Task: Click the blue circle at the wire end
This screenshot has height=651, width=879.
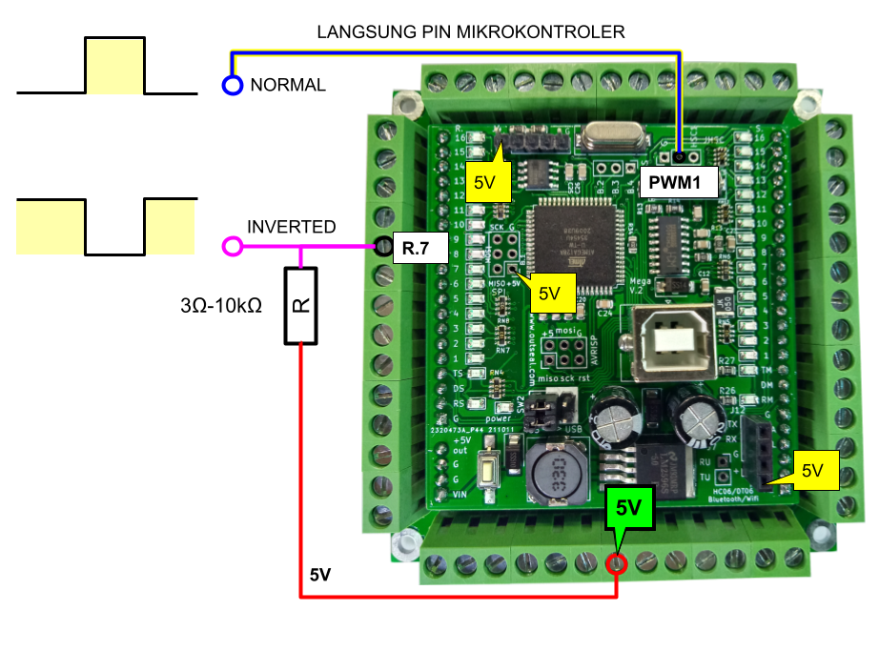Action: point(233,86)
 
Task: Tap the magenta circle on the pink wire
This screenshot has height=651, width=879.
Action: point(233,247)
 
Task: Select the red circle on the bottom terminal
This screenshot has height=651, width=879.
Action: point(617,564)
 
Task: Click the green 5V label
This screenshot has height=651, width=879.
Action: point(629,508)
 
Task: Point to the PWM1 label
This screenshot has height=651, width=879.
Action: point(678,181)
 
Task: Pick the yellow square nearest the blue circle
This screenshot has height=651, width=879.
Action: point(114,67)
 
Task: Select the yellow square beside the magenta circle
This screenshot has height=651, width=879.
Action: point(170,227)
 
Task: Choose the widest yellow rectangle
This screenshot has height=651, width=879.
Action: point(50,228)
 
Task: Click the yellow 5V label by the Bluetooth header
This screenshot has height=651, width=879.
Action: point(811,471)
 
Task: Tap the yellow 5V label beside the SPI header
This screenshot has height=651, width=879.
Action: point(549,294)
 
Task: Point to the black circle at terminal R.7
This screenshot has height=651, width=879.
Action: point(383,248)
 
